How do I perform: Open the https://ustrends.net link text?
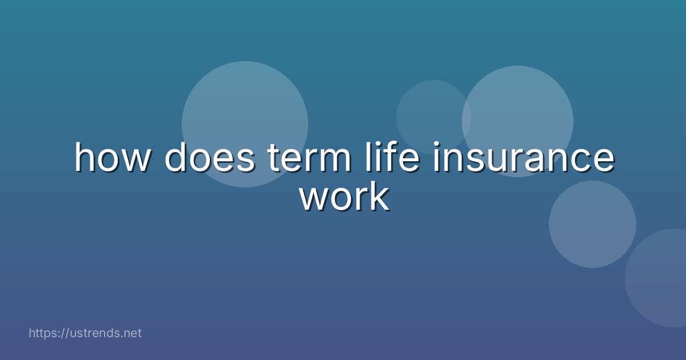coord(85,333)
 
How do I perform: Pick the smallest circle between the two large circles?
coord(433,114)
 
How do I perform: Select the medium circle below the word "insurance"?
coord(592,224)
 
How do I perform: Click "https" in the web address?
coord(43,333)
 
